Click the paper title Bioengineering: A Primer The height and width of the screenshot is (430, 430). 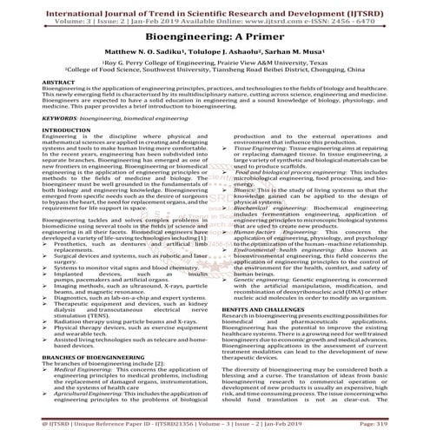pos(215,38)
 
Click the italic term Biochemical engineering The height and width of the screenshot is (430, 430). pos(268,209)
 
